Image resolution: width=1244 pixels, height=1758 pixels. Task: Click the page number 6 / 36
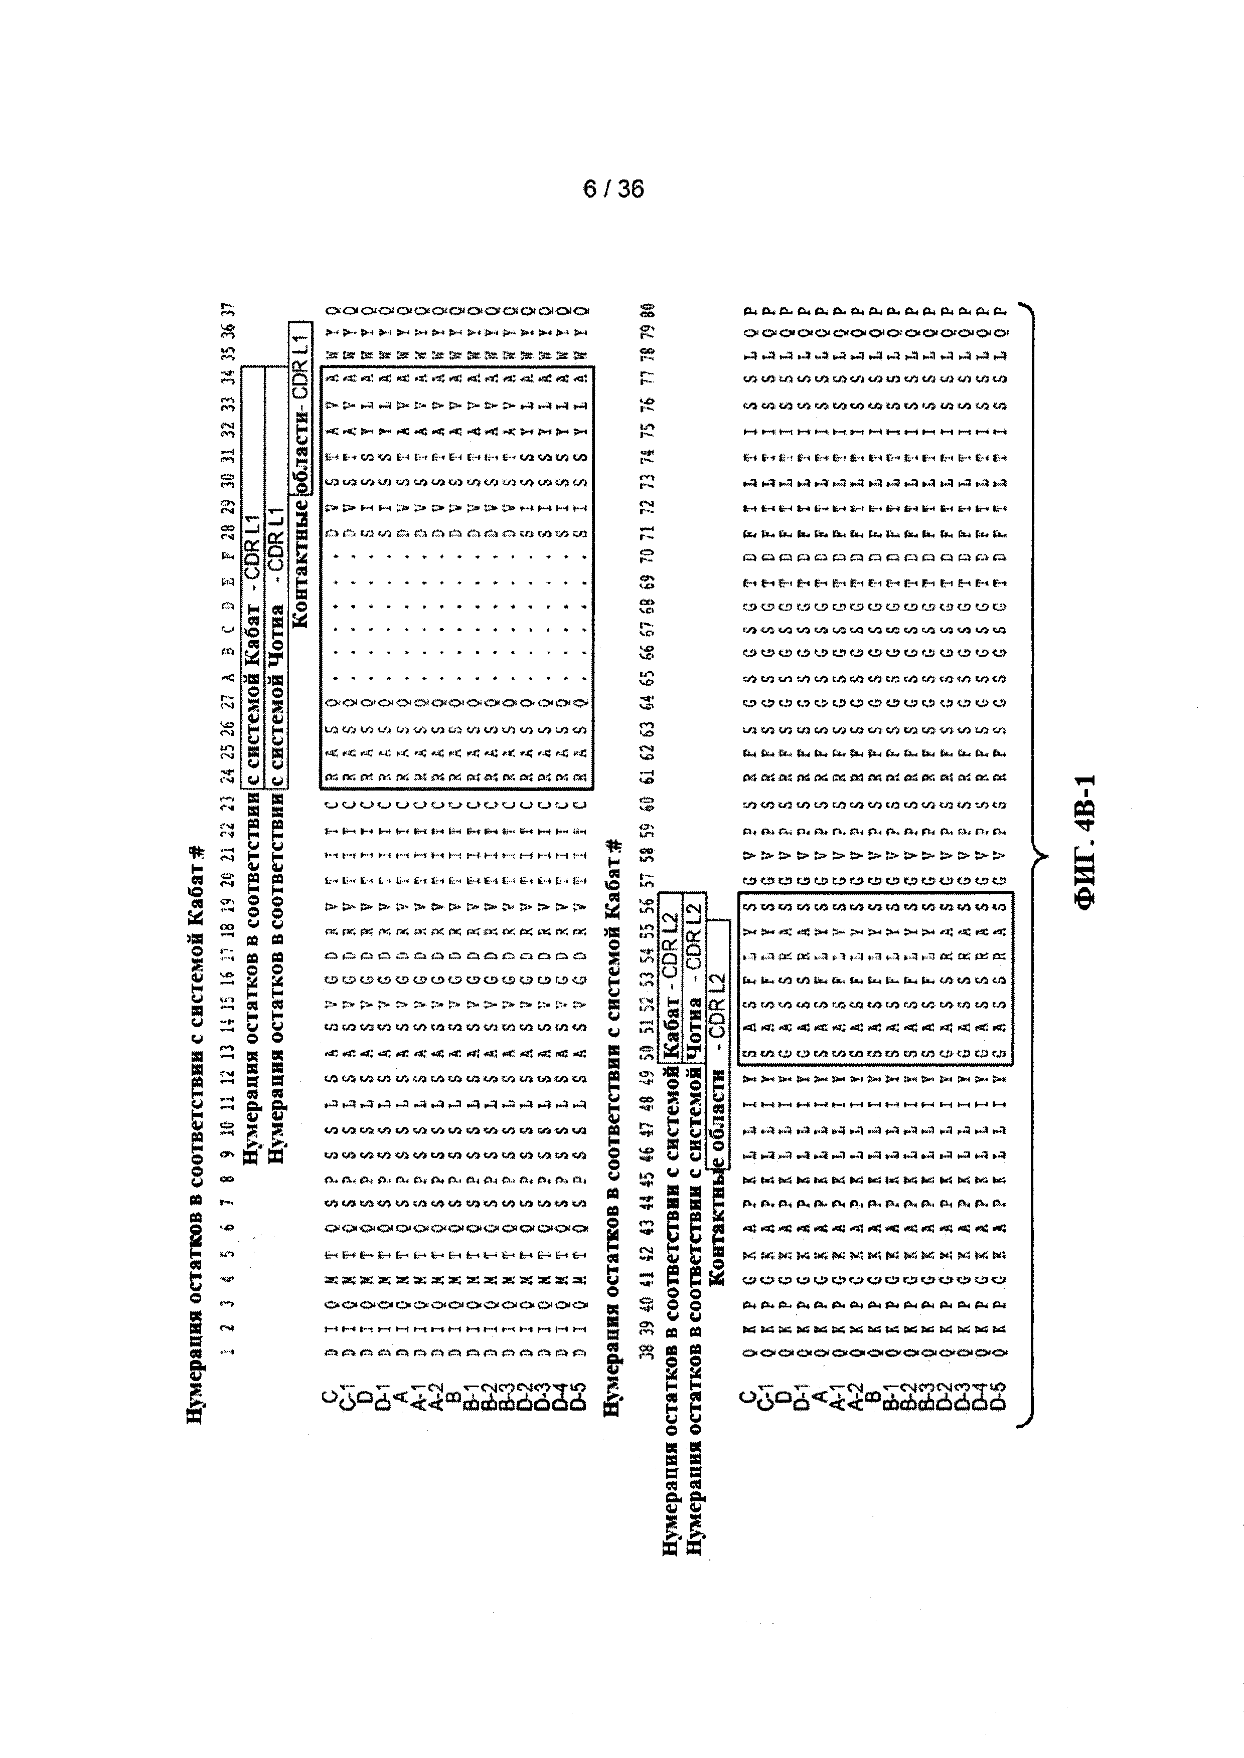[x=613, y=189]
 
